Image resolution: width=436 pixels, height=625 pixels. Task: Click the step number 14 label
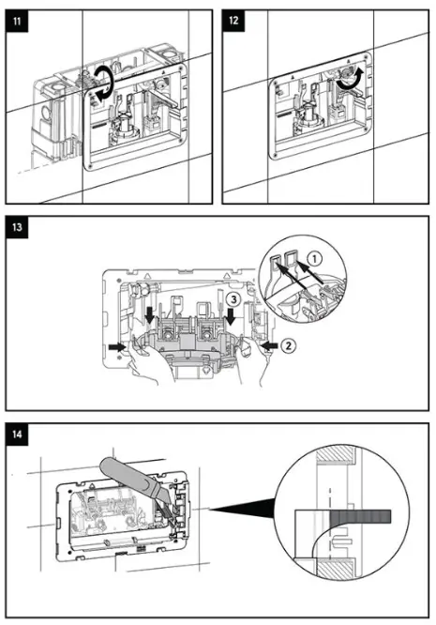[17, 434]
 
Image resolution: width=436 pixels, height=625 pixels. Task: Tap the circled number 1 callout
[314, 254]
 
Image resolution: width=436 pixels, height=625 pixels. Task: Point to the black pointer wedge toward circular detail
[244, 511]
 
